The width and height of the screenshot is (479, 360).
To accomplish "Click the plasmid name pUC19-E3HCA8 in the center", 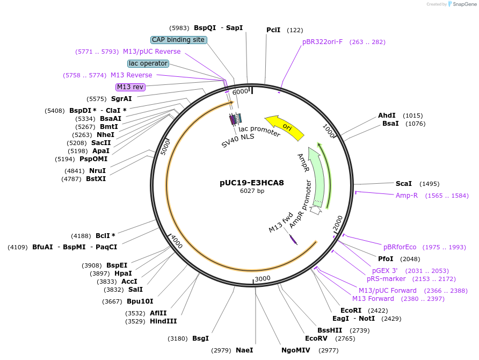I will point(251,183).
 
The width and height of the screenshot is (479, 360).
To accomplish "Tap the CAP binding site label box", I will point(178,40).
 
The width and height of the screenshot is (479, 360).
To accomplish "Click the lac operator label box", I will point(148,63).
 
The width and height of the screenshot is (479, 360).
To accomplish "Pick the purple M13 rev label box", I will point(130,87).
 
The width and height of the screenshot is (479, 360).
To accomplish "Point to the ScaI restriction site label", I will point(404,184).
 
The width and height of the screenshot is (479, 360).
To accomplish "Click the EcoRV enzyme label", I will point(316,339).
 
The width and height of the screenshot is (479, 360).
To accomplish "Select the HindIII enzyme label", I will point(163,321).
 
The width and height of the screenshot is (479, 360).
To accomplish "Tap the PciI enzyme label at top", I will point(273,30).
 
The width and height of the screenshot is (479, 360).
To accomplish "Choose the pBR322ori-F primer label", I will point(322,42).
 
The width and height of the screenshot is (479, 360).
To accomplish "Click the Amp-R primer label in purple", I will point(407,196).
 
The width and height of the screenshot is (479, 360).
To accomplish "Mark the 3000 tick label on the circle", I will point(263,278).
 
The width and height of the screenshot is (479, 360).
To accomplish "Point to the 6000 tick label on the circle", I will point(240,92).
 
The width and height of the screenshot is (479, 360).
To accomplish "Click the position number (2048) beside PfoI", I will point(410,259).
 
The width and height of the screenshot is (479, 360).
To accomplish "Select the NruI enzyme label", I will point(98,171).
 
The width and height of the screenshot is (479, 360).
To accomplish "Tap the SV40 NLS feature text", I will point(238,141).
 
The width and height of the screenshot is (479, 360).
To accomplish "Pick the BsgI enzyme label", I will point(200,339).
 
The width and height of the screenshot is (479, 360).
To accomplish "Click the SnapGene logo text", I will point(465,4).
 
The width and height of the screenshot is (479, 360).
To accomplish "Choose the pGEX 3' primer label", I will point(385,271).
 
